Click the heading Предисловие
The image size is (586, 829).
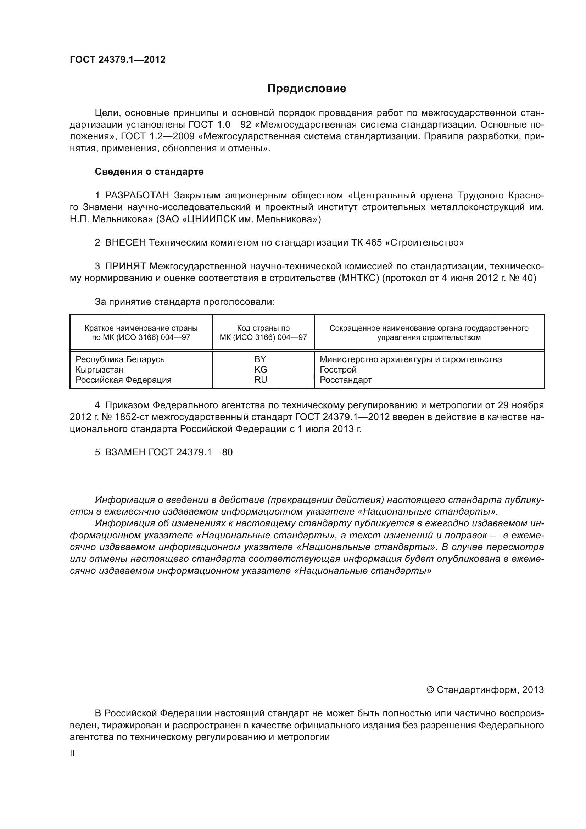pos(307,89)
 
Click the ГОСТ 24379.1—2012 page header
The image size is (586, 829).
pos(118,60)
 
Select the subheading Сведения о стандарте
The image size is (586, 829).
pos(149,172)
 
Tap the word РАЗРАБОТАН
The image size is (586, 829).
pos(137,195)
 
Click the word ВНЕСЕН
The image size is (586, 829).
pos(125,243)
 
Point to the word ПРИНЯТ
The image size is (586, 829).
pos(125,267)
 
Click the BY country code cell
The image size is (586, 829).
pos(260,359)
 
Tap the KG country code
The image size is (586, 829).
pos(261,369)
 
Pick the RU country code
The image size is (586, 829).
pos(261,380)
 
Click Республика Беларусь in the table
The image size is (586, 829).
pos(120,359)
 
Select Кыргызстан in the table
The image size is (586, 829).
pos(100,369)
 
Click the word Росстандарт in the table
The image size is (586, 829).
pos(346,380)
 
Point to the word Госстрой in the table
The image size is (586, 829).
pos(338,369)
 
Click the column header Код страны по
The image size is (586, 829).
pos(263,328)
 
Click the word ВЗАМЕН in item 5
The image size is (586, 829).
pos(125,452)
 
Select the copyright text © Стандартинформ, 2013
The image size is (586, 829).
pos(485,690)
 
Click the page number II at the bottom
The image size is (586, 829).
pos(72,753)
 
